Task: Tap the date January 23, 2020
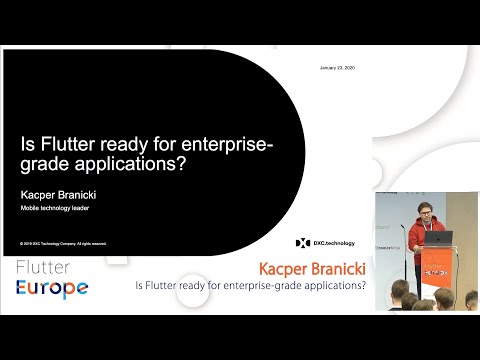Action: click(x=337, y=68)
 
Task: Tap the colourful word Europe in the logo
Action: click(x=52, y=289)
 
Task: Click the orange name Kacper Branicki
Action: click(x=311, y=270)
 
